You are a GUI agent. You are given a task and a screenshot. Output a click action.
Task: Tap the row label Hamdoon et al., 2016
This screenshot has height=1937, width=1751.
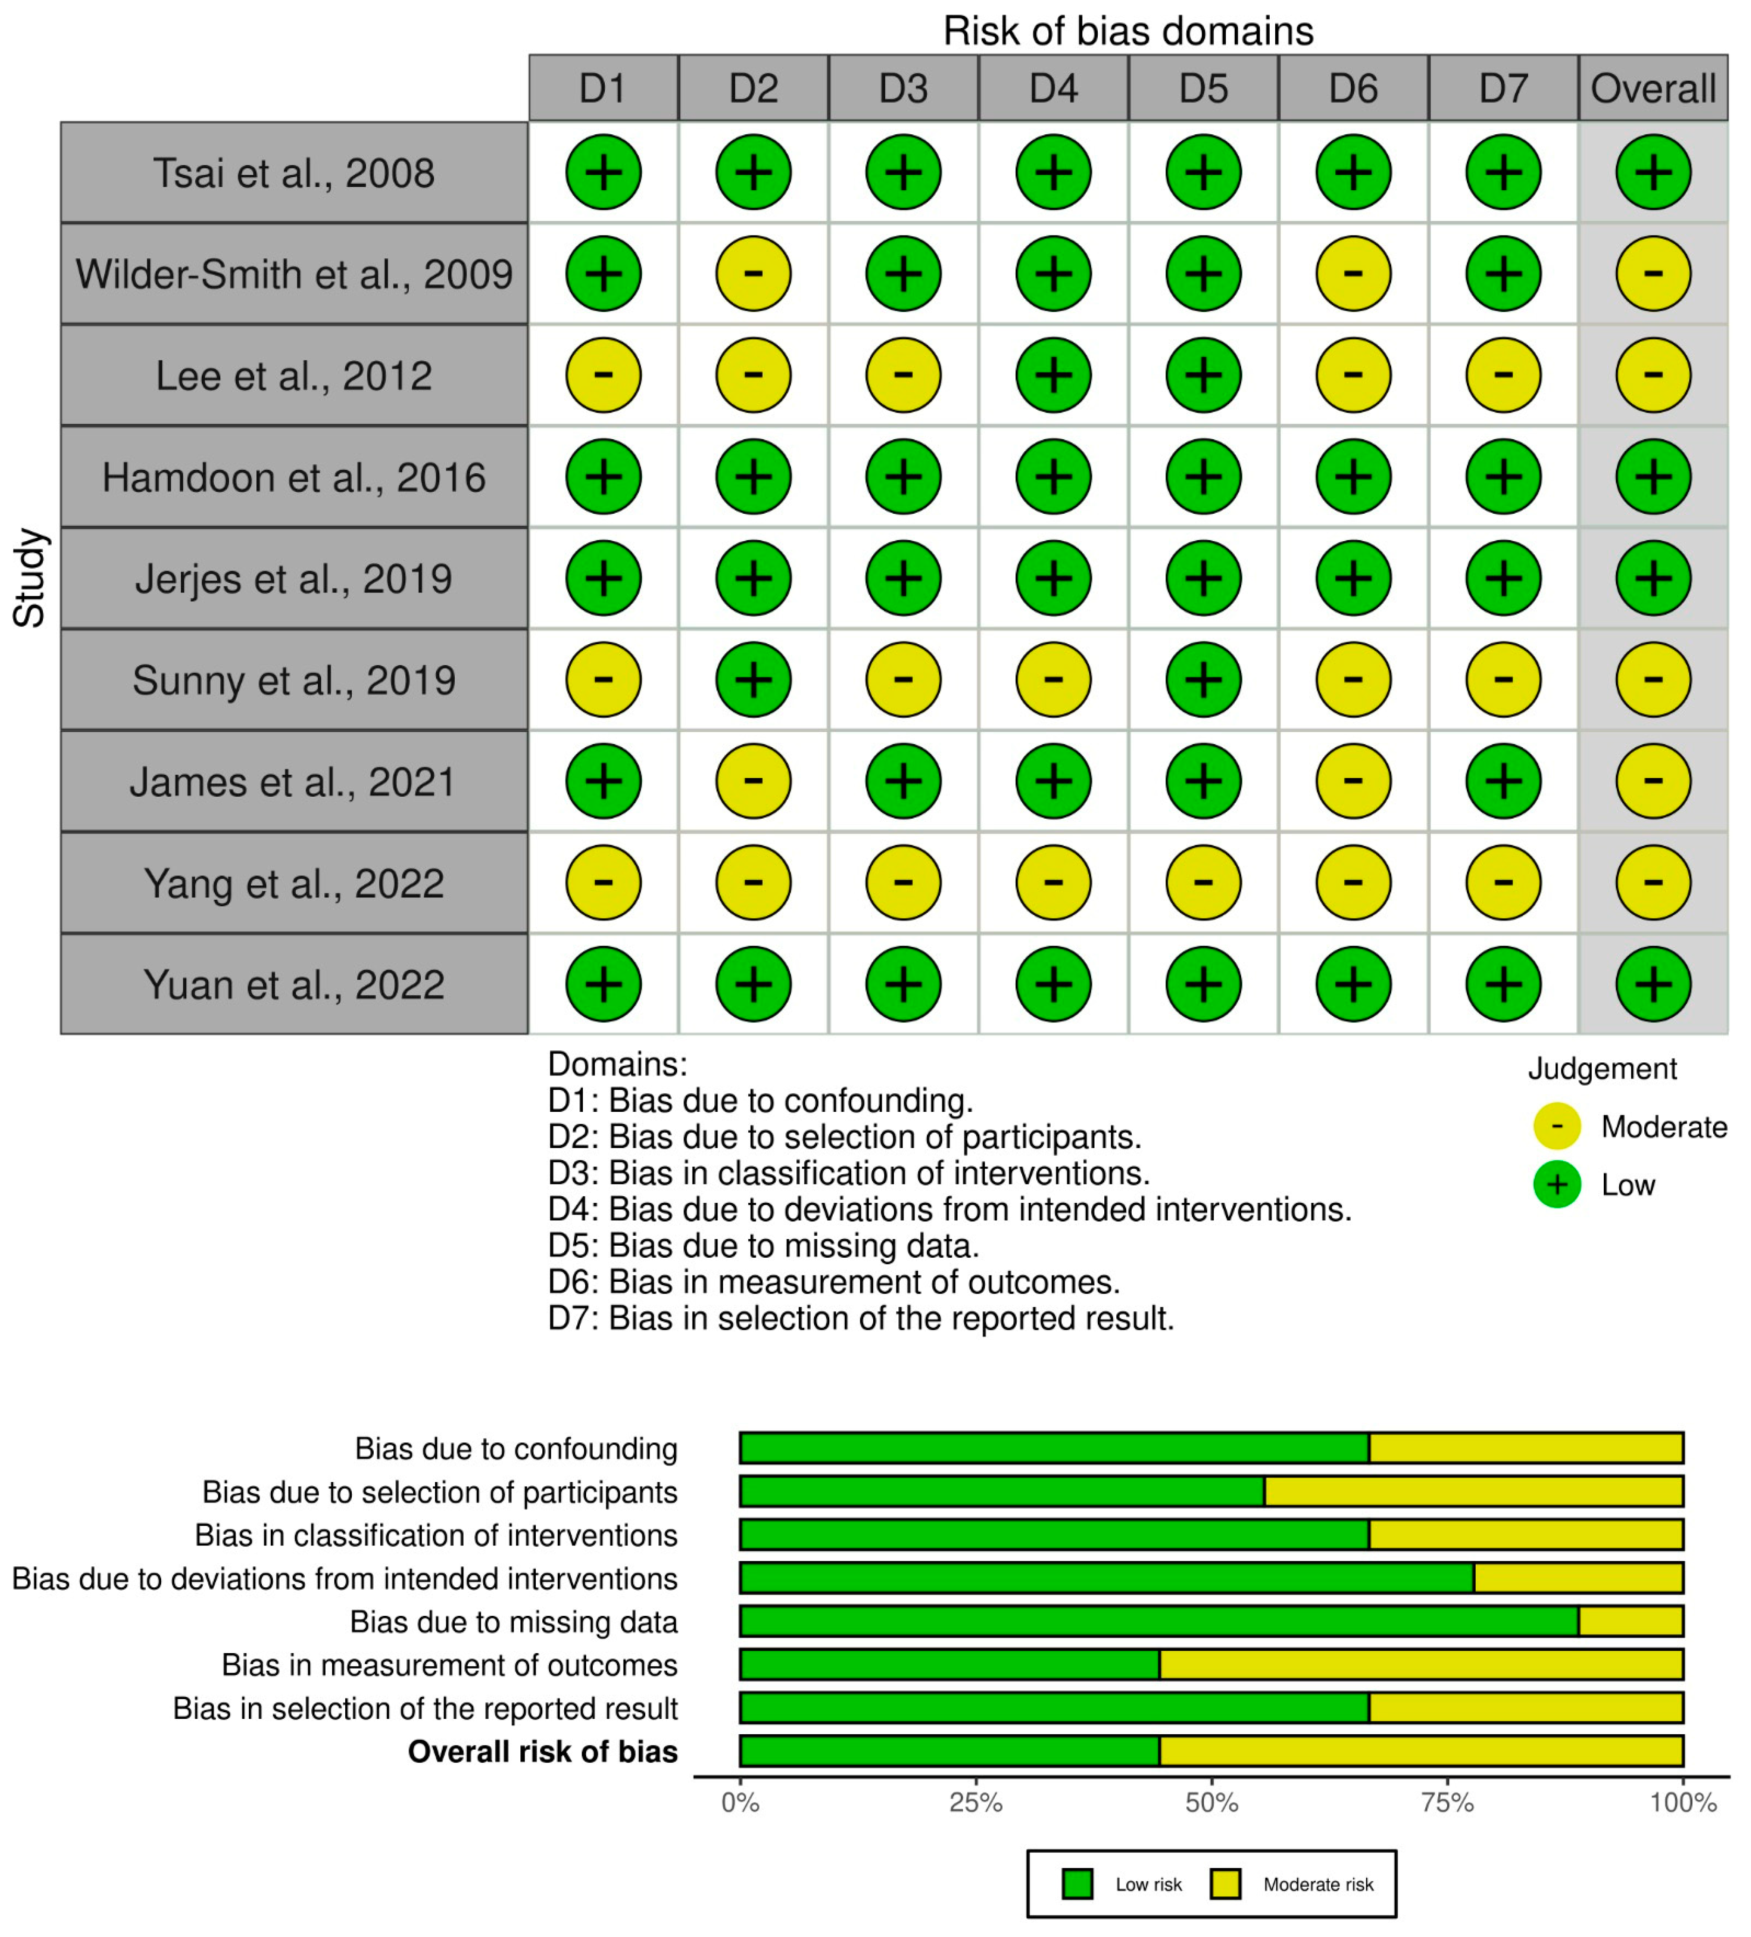(x=294, y=477)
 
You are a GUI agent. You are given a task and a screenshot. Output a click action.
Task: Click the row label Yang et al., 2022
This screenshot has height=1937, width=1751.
(x=294, y=883)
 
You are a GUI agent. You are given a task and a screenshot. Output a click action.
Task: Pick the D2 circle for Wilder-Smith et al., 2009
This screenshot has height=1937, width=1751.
(x=753, y=274)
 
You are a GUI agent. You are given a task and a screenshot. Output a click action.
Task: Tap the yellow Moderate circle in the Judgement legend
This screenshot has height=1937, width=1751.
(x=1557, y=1126)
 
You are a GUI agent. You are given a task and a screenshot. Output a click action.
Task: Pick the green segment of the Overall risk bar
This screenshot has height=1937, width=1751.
(x=949, y=1751)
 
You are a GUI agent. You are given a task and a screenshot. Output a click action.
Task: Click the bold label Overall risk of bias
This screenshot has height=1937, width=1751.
(x=543, y=1751)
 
